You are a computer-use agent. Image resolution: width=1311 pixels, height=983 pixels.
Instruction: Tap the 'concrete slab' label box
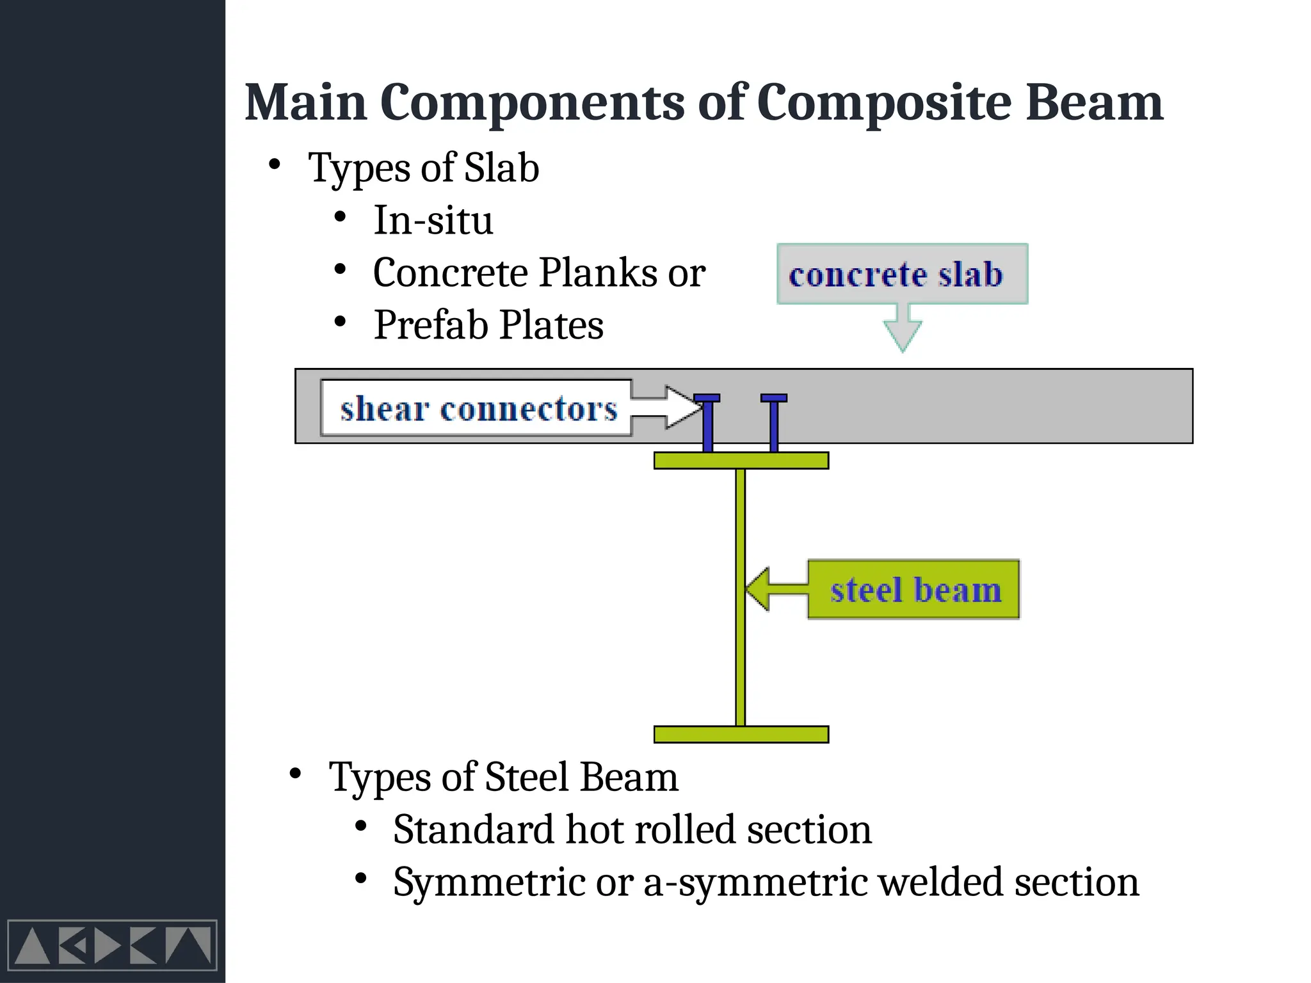[901, 274]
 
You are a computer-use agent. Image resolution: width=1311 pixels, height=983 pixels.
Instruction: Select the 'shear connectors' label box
[477, 408]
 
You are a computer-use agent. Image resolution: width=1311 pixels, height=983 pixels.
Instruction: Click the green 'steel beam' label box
[913, 589]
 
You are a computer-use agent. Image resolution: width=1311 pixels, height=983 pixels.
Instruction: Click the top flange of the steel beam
[741, 461]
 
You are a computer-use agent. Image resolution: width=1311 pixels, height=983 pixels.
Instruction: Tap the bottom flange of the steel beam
[741, 734]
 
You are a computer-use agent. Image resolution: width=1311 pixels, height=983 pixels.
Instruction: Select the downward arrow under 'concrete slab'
[903, 328]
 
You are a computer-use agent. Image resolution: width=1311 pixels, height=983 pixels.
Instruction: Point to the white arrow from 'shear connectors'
[666, 407]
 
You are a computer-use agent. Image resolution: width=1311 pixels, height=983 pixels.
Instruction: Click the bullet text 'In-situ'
[433, 220]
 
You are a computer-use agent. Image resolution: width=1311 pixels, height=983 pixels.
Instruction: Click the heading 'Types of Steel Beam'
[503, 777]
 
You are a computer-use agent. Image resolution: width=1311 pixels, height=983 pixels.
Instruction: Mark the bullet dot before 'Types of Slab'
[275, 165]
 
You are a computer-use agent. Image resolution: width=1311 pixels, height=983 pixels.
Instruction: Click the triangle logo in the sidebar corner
[112, 945]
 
